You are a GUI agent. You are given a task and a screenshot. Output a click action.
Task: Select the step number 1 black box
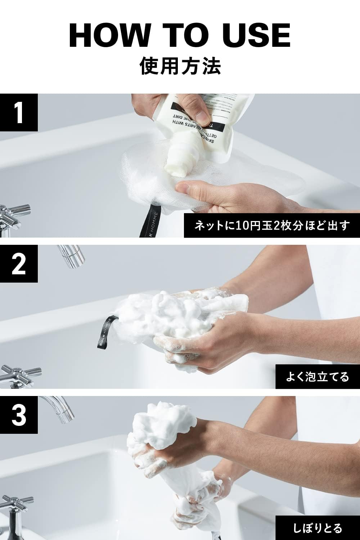(19, 112)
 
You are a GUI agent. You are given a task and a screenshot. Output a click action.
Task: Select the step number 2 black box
(19, 264)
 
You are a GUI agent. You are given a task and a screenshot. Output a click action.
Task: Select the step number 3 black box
(19, 415)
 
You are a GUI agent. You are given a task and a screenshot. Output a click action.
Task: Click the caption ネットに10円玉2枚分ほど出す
(272, 226)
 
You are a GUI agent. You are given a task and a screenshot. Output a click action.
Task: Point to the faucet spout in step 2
(72, 256)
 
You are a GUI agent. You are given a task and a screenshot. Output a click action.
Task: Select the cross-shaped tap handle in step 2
(18, 373)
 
